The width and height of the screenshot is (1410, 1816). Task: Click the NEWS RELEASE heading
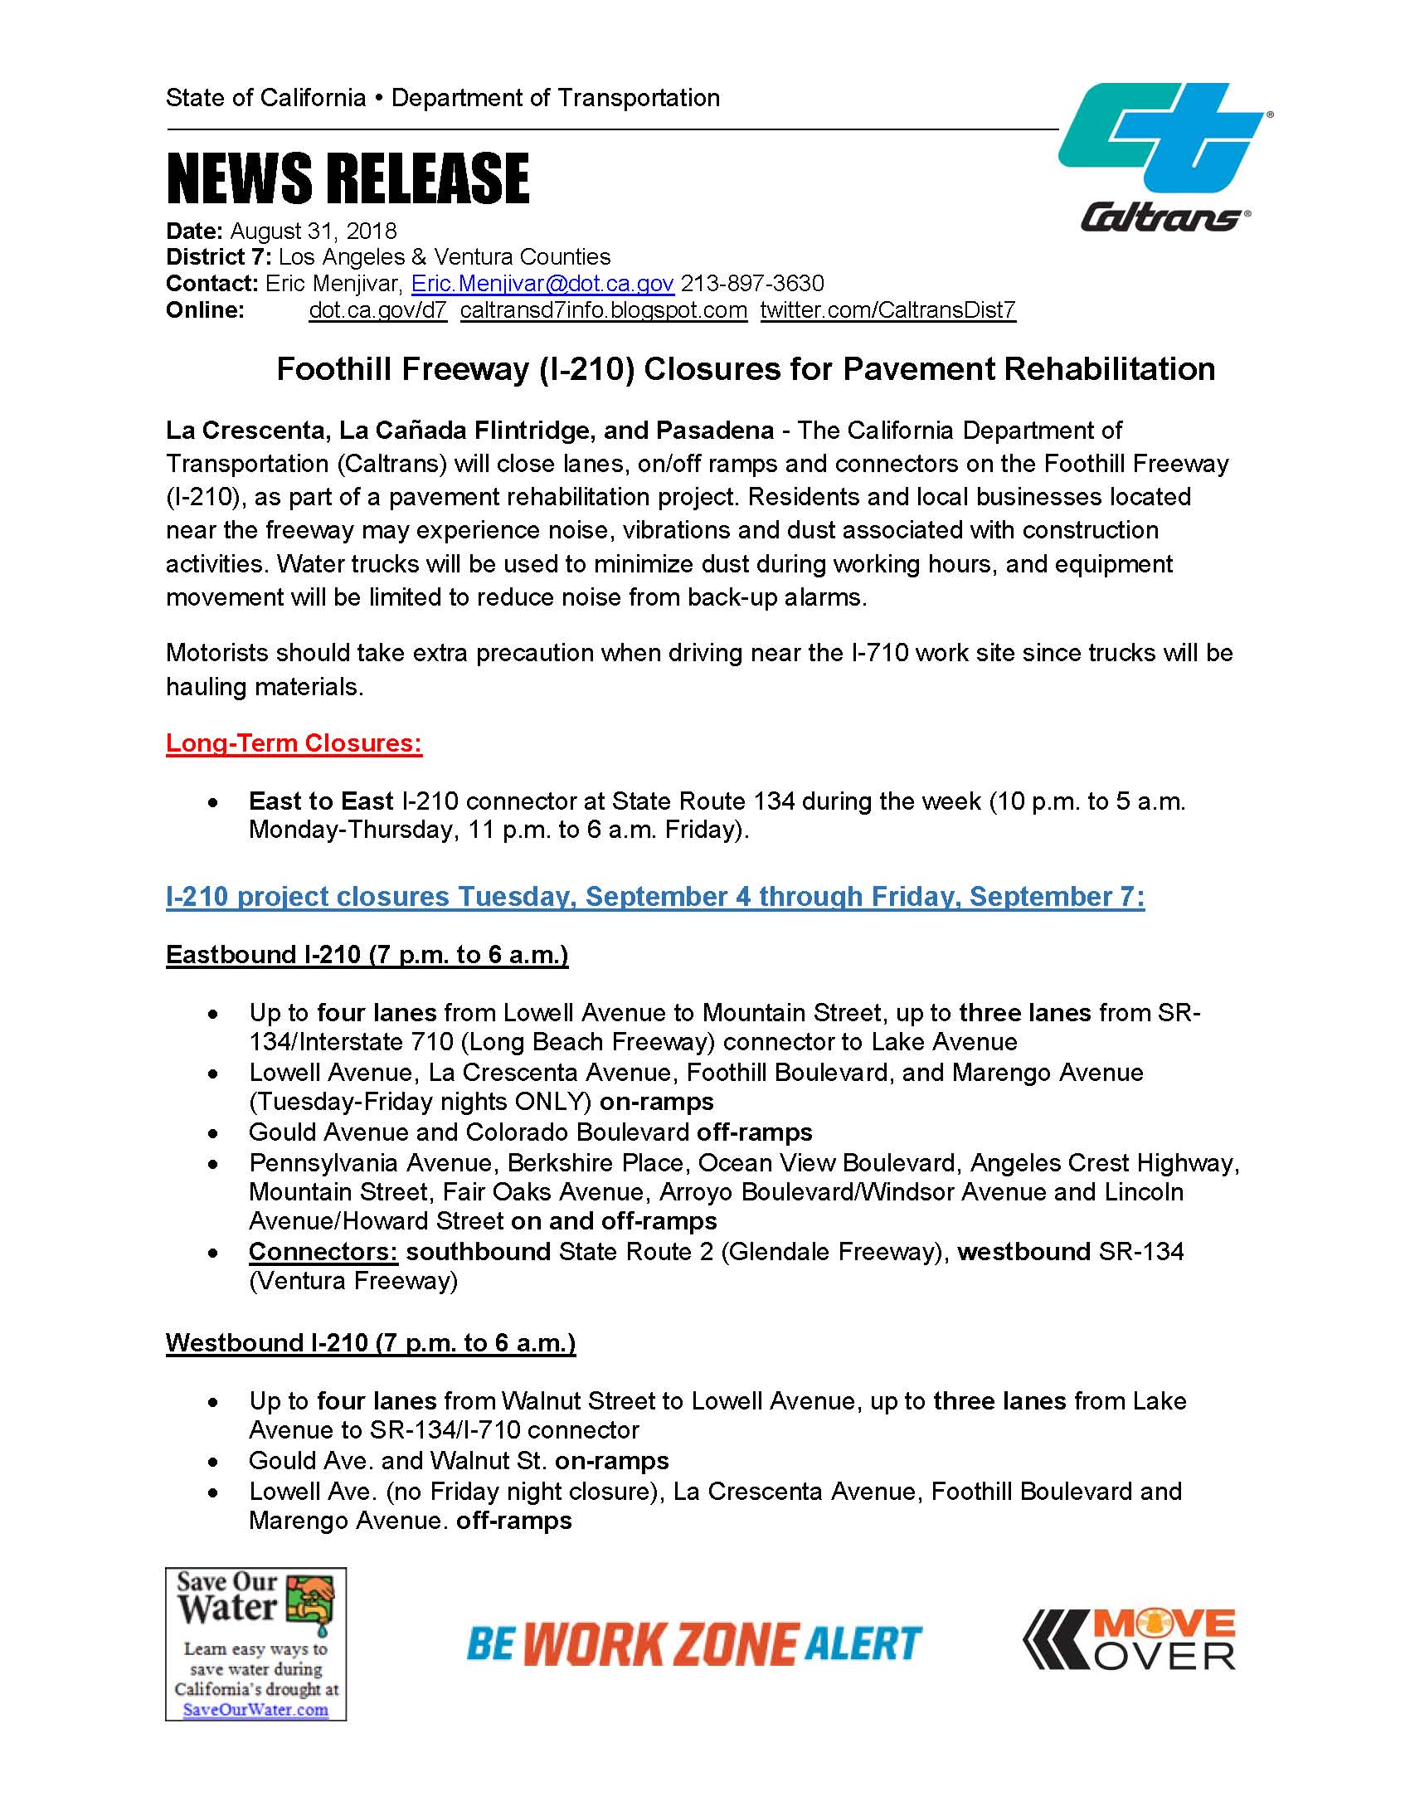pos(348,178)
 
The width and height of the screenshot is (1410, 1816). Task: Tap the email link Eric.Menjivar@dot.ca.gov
pos(542,284)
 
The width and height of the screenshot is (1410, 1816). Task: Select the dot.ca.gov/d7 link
pos(377,310)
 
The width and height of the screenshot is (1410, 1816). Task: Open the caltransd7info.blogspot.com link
pos(604,310)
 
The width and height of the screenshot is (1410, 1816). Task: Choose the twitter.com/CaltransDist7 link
pos(887,310)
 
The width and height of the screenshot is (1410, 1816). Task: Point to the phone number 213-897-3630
pos(752,284)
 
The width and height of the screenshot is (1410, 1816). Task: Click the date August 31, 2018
pos(314,231)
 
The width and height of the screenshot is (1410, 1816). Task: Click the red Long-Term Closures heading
pos(294,742)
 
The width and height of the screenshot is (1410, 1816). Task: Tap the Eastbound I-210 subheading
pos(367,954)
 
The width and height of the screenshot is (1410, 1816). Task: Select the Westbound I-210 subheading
pos(370,1342)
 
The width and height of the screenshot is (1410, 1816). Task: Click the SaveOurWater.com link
pos(255,1710)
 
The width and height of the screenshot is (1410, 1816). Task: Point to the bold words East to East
pos(320,801)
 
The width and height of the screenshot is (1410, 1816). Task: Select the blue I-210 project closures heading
pos(654,896)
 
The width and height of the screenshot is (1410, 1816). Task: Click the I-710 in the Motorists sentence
pos(879,653)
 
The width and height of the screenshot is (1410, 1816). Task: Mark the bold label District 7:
pos(219,257)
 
